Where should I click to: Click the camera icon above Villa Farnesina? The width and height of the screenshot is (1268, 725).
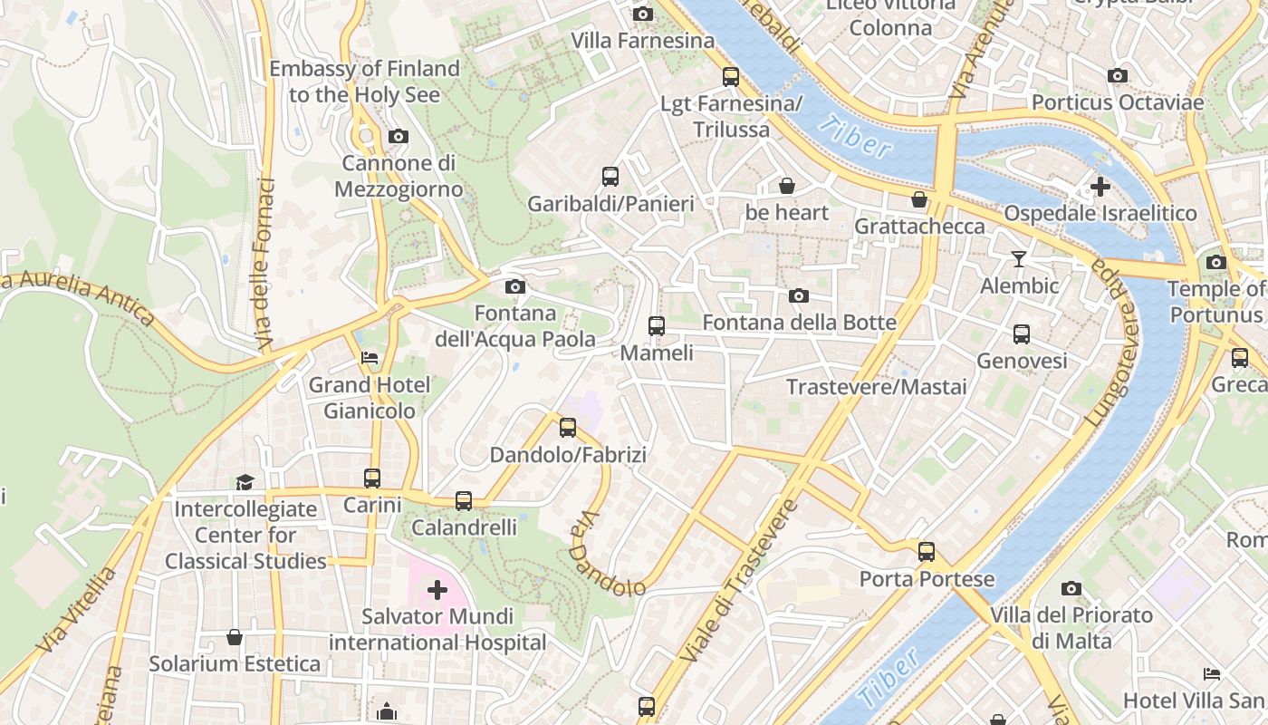pyautogui.click(x=643, y=14)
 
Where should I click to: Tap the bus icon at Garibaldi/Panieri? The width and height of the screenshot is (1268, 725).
pyautogui.click(x=610, y=176)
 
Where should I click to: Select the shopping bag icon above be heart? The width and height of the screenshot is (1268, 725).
pyautogui.click(x=787, y=186)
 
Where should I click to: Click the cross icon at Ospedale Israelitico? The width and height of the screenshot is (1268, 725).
pyautogui.click(x=1100, y=187)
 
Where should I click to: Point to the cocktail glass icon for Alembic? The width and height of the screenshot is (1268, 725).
pyautogui.click(x=1019, y=259)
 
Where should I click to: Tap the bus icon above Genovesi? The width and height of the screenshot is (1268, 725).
pyautogui.click(x=1022, y=333)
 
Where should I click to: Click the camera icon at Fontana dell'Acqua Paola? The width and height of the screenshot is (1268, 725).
pyautogui.click(x=514, y=286)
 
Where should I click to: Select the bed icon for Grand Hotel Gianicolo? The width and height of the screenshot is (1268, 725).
pyautogui.click(x=370, y=357)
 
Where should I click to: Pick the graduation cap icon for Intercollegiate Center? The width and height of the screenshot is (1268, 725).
pyautogui.click(x=245, y=481)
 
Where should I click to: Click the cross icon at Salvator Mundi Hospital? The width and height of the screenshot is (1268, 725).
pyautogui.click(x=437, y=590)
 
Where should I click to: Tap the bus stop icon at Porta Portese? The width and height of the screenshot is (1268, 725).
pyautogui.click(x=926, y=551)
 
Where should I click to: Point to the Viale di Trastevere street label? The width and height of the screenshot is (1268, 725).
pyautogui.click(x=738, y=580)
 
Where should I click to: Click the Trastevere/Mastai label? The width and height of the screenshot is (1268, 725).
pyautogui.click(x=876, y=387)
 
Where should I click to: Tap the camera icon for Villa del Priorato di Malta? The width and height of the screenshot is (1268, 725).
pyautogui.click(x=1071, y=588)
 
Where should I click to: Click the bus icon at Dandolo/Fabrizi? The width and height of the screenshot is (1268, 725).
pyautogui.click(x=568, y=427)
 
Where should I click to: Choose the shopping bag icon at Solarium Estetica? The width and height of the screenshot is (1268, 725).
pyautogui.click(x=235, y=637)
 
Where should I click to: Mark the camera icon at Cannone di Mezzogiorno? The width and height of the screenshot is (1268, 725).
pyautogui.click(x=398, y=136)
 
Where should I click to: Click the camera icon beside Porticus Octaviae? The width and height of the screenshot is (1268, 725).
pyautogui.click(x=1118, y=75)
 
